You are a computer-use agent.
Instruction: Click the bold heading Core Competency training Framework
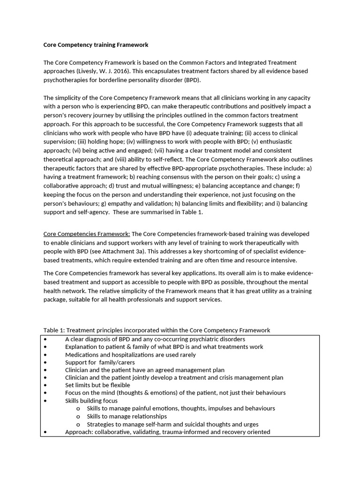point(96,45)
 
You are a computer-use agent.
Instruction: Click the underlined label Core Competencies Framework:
point(87,234)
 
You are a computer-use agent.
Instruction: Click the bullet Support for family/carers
point(100,363)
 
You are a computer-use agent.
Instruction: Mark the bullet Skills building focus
point(91,401)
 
